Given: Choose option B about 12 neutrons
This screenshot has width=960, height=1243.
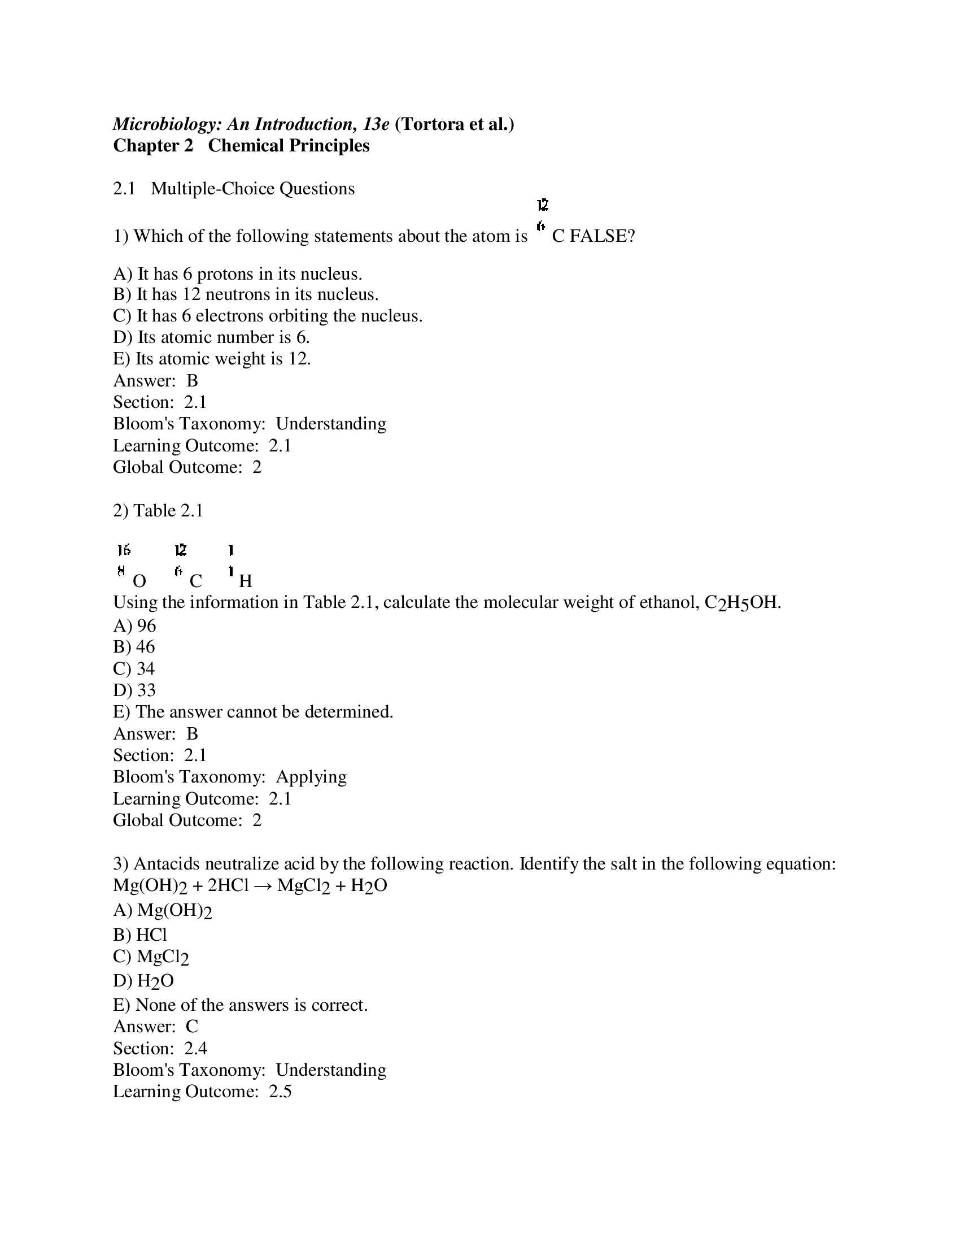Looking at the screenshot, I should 245,294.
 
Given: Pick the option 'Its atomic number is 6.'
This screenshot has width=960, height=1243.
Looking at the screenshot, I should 211,337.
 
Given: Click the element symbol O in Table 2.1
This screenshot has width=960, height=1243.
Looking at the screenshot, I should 139,581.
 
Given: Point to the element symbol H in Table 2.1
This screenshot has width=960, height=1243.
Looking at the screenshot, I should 246,581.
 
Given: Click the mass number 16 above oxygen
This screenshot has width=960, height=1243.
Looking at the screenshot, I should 124,550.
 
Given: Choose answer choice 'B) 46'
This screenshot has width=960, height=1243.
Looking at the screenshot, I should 134,647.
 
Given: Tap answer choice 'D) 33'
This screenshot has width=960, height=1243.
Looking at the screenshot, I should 134,690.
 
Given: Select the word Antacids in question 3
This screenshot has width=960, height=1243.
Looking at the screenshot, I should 167,864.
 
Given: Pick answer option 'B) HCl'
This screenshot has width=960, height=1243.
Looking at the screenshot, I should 140,935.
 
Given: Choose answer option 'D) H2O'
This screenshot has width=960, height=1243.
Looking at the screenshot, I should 143,981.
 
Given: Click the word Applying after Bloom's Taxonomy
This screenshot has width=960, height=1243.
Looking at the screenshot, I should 311,777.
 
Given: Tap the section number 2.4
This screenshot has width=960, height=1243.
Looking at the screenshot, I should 195,1048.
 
